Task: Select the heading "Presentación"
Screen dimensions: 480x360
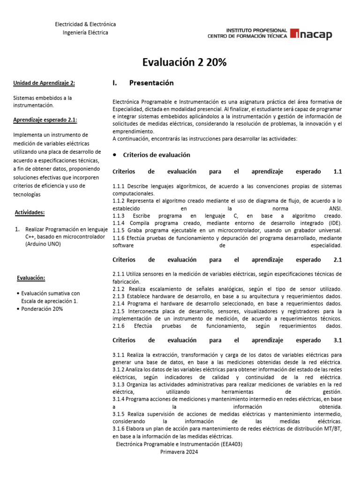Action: (x=151, y=83)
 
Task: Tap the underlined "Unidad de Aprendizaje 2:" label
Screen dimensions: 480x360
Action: (x=44, y=83)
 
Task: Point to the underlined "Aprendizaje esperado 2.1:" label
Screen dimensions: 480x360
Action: (x=45, y=120)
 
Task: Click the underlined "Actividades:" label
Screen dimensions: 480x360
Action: (x=30, y=212)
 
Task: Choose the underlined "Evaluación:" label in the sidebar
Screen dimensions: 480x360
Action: (x=31, y=278)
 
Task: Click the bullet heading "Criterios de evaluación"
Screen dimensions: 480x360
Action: (x=156, y=155)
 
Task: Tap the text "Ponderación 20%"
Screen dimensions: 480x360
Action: (x=42, y=309)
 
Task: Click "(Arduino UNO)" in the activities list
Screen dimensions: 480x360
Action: (x=43, y=244)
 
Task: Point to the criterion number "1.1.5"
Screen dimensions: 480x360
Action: (x=120, y=231)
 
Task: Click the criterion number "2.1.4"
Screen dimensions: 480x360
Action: (x=120, y=303)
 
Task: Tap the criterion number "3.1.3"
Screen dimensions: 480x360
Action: (x=120, y=384)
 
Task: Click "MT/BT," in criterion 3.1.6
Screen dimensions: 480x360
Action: (x=331, y=429)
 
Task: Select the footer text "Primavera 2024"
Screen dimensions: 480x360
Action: (x=179, y=452)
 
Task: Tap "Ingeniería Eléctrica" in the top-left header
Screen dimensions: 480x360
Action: (x=85, y=33)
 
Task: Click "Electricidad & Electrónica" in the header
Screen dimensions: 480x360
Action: (x=85, y=24)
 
